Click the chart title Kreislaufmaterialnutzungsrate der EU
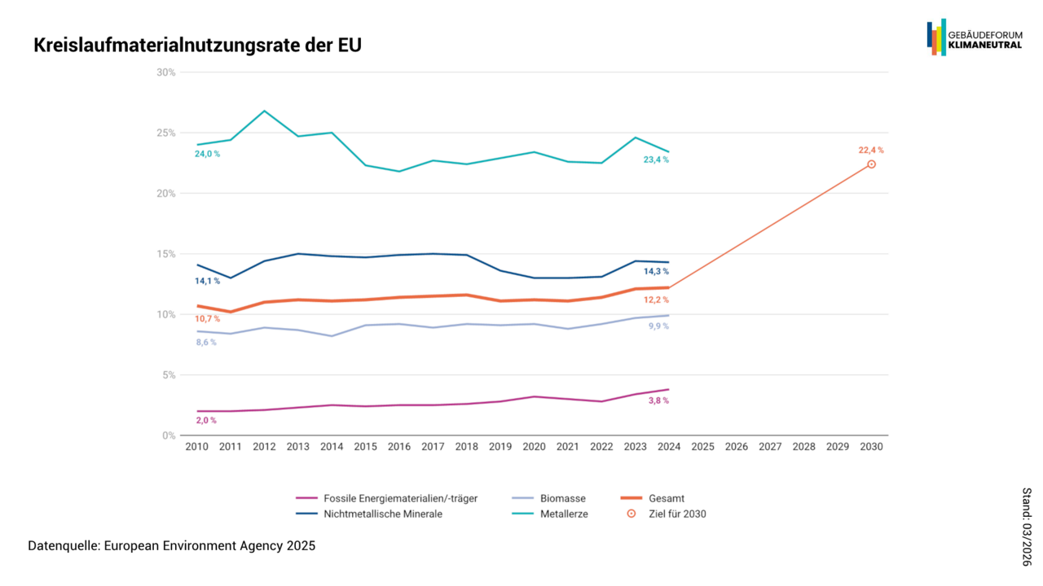198,46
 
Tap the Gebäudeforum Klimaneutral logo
974,37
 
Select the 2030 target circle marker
871,164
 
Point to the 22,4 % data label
870,150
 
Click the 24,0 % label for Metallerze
207,154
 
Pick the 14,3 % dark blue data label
656,271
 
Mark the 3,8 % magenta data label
658,400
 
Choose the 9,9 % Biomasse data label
658,326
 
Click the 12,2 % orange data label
656,300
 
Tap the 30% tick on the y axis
166,72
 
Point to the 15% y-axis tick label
166,254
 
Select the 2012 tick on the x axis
264,447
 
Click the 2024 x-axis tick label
669,447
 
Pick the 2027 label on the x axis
770,447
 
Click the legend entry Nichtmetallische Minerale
382,514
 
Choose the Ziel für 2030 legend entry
677,514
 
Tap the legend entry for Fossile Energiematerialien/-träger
400,498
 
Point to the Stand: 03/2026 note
1027,527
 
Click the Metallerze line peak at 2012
264,111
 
